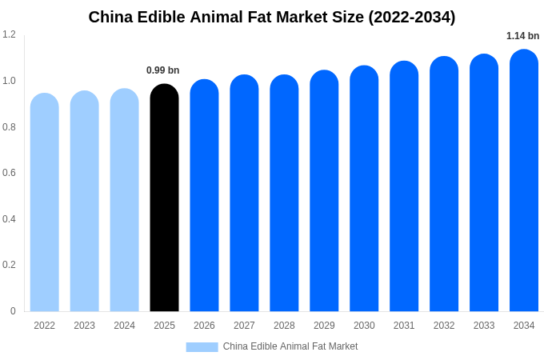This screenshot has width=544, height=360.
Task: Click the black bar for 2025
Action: point(164,198)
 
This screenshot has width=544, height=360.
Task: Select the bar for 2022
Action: point(45,202)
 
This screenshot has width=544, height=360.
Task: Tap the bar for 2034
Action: point(524,181)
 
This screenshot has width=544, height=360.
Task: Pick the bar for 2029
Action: point(324,191)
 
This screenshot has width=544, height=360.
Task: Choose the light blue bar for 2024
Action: point(124,200)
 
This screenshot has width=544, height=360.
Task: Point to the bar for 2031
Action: point(404,186)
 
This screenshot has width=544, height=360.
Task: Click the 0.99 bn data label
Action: point(162,70)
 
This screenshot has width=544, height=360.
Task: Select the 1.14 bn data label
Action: point(522,36)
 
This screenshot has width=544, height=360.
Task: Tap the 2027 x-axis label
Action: point(244,326)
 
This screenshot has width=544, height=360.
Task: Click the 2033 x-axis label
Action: point(484,326)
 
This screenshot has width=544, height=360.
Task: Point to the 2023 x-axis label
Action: point(84,326)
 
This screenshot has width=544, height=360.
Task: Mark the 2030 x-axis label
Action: point(364,326)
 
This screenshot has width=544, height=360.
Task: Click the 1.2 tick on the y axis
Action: point(9,34)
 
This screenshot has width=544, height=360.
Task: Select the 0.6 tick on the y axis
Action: point(9,173)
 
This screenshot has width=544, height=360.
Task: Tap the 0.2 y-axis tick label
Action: point(9,265)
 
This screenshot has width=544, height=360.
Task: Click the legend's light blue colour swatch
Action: point(202,347)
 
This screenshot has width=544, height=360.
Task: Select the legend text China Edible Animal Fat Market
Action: point(290,346)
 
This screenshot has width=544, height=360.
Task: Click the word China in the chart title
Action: point(109,17)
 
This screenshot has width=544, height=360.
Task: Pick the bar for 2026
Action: point(204,196)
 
